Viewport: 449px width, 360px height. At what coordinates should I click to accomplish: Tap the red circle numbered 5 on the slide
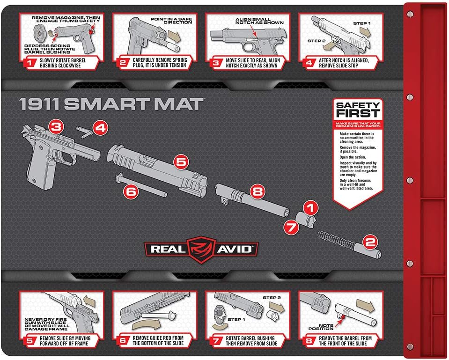pyautogui.click(x=181, y=162)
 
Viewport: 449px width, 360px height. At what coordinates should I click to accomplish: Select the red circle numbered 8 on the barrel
pyautogui.click(x=257, y=191)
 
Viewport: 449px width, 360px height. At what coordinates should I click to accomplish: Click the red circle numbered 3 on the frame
pyautogui.click(x=56, y=126)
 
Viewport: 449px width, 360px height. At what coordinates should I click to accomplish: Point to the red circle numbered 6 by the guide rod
pyautogui.click(x=131, y=191)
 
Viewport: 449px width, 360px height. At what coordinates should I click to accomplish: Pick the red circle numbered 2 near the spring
pyautogui.click(x=370, y=242)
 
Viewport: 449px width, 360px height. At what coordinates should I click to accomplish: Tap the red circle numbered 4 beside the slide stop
pyautogui.click(x=101, y=127)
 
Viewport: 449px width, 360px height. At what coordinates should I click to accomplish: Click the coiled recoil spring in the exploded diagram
pyautogui.click(x=337, y=241)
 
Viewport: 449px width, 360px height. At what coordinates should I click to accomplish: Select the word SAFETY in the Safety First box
pyautogui.click(x=358, y=105)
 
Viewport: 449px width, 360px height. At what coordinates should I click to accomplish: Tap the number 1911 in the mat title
pyautogui.click(x=40, y=104)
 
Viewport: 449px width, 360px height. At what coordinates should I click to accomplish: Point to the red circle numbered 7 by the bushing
pyautogui.click(x=292, y=228)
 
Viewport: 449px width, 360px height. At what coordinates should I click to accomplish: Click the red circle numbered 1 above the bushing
pyautogui.click(x=310, y=208)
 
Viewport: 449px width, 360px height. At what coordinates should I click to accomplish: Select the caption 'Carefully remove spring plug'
pyautogui.click(x=160, y=63)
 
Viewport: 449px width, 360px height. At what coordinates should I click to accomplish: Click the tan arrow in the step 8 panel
pyautogui.click(x=365, y=306)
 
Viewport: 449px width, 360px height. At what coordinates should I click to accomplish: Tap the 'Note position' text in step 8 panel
pyautogui.click(x=321, y=327)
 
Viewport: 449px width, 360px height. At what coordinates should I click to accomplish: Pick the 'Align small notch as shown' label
pyautogui.click(x=259, y=21)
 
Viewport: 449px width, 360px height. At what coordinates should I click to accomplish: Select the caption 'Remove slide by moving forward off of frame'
pyautogui.click(x=65, y=341)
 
